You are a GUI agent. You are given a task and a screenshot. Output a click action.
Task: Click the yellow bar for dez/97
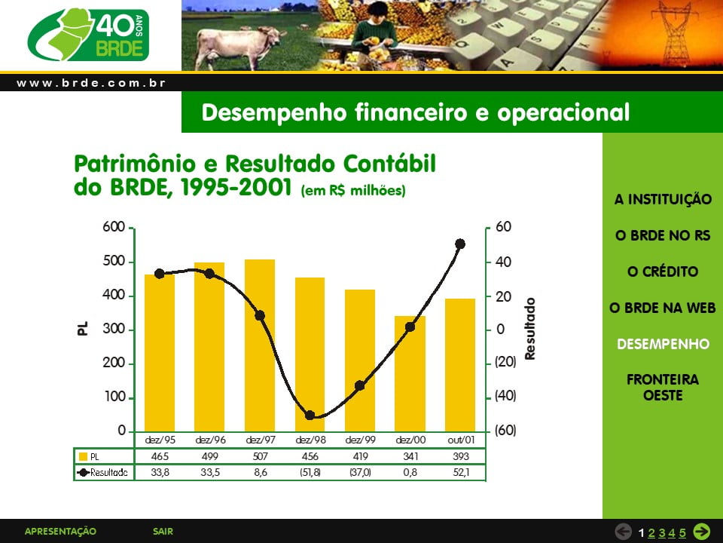click(260, 345)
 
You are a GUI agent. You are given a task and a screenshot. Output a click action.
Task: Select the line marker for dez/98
click(310, 416)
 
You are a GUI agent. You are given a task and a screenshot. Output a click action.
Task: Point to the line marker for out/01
click(459, 244)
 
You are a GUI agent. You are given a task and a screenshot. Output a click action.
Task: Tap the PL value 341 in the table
click(410, 457)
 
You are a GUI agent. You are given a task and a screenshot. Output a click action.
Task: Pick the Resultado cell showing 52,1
click(461, 472)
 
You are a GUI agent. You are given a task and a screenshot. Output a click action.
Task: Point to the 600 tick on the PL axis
click(114, 227)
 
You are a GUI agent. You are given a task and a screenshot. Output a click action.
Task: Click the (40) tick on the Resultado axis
click(505, 396)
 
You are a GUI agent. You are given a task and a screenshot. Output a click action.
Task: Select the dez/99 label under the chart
click(360, 440)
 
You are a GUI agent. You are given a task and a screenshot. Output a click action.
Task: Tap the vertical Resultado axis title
click(530, 329)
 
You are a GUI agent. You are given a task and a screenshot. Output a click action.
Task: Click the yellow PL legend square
click(83, 457)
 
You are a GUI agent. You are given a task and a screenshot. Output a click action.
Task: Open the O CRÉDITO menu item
click(663, 271)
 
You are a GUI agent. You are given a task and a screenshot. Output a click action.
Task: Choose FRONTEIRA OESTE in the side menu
click(663, 388)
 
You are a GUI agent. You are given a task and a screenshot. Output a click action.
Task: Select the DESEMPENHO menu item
click(663, 344)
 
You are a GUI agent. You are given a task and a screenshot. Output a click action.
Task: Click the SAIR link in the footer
click(163, 532)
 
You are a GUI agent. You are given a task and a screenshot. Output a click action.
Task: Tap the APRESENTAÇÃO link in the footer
click(60, 532)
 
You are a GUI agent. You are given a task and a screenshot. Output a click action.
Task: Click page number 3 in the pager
click(662, 533)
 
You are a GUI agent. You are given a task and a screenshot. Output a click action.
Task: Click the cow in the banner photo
click(239, 46)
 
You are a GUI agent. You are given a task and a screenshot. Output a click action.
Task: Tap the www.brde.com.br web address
click(91, 83)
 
